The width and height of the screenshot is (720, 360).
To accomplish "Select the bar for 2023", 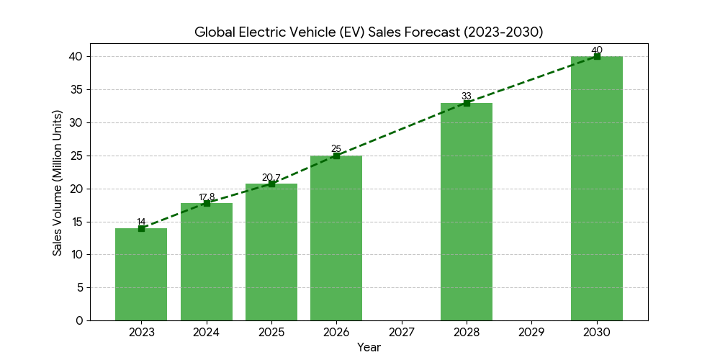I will (141, 274).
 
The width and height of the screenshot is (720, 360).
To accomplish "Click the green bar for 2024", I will (207, 262).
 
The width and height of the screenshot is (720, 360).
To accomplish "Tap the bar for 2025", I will (271, 252).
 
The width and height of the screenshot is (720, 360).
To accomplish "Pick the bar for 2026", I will (336, 238).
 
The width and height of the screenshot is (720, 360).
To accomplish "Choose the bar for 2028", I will (467, 212).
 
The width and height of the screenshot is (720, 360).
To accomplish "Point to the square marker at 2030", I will (597, 56).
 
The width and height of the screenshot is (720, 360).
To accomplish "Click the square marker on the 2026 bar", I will (336, 156).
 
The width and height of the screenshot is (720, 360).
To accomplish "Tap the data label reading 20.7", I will (271, 177).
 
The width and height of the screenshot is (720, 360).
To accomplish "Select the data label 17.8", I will (207, 197).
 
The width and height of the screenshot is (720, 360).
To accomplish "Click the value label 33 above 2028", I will (467, 96).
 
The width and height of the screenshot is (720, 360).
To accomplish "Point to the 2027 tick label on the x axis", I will (401, 332).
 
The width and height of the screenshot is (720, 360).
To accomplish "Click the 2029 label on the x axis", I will (531, 332).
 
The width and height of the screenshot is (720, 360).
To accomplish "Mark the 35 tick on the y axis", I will (76, 89).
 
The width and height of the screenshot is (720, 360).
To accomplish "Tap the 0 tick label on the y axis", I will (79, 320).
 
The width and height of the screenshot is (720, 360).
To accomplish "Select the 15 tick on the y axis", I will (76, 222).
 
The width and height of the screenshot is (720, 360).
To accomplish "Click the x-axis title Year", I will (369, 347).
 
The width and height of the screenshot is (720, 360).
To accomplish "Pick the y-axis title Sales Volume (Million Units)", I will (58, 183).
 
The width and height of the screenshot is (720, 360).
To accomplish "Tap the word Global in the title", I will (215, 32).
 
